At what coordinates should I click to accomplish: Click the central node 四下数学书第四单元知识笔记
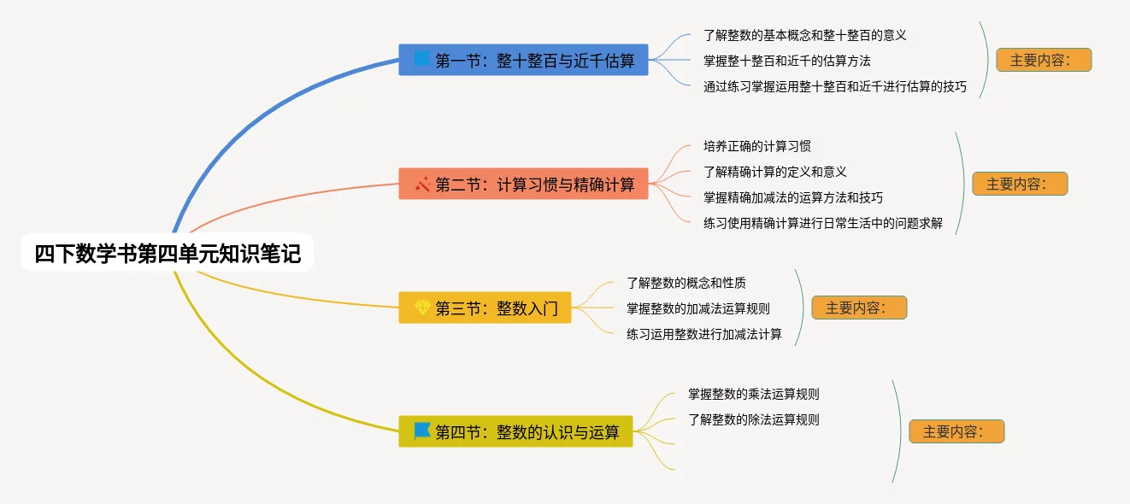pyautogui.click(x=168, y=254)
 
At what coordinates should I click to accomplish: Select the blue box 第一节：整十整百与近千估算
pyautogui.click(x=523, y=60)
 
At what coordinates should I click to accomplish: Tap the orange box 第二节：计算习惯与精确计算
pyautogui.click(x=523, y=184)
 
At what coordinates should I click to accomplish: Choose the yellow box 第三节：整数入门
pyautogui.click(x=485, y=308)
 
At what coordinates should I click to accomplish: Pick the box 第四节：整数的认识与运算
pyautogui.click(x=515, y=431)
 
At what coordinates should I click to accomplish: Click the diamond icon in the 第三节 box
pyautogui.click(x=422, y=308)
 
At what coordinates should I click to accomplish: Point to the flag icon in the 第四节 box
pyautogui.click(x=422, y=431)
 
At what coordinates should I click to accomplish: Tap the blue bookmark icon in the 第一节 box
pyautogui.click(x=421, y=60)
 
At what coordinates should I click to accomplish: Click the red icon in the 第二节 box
pyautogui.click(x=422, y=184)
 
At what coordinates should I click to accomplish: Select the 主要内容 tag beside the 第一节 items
pyautogui.click(x=1043, y=60)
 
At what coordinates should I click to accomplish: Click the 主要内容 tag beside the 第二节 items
pyautogui.click(x=1020, y=184)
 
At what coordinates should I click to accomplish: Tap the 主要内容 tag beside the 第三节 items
pyautogui.click(x=859, y=308)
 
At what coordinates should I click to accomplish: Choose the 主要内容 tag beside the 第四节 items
pyautogui.click(x=956, y=431)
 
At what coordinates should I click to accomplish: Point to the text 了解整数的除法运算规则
pyautogui.click(x=754, y=419)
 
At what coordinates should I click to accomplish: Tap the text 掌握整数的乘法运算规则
pyautogui.click(x=754, y=394)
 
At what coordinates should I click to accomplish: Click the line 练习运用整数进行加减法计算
pyautogui.click(x=703, y=334)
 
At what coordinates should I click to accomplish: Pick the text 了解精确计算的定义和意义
pyautogui.click(x=774, y=172)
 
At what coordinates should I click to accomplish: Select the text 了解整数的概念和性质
pyautogui.click(x=686, y=283)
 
